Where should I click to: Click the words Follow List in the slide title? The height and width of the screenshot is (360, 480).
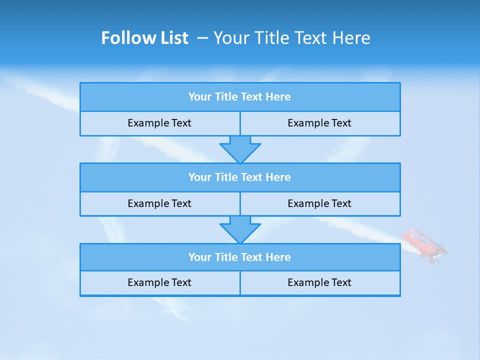click(x=145, y=38)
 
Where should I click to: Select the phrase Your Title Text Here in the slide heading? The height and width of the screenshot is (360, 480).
click(x=292, y=38)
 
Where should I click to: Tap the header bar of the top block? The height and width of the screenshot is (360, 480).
click(x=240, y=97)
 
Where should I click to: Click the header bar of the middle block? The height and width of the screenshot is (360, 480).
click(x=240, y=177)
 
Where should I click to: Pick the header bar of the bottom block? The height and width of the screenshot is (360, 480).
click(x=240, y=257)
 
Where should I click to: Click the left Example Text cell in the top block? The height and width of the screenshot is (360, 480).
click(x=159, y=123)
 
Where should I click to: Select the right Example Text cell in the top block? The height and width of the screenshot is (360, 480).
click(x=319, y=123)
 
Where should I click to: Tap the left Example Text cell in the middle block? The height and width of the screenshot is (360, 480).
click(x=159, y=203)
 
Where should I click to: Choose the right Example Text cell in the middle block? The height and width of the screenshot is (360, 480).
click(x=319, y=203)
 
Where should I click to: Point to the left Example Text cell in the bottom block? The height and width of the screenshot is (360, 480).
click(x=159, y=282)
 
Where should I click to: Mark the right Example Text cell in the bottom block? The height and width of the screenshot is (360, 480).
click(x=319, y=282)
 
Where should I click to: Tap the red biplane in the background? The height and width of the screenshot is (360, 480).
click(x=425, y=245)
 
